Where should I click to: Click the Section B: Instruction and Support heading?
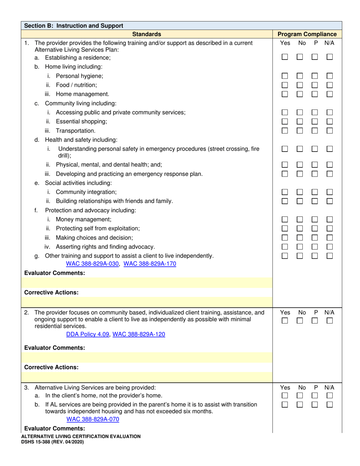click(x=74, y=26)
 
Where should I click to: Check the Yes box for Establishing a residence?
click(x=285, y=57)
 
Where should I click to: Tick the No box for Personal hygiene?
click(x=300, y=76)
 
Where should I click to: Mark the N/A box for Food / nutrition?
click(x=330, y=85)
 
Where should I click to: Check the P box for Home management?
click(x=315, y=94)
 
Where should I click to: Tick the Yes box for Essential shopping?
click(x=285, y=121)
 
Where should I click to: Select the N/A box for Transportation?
click(x=330, y=130)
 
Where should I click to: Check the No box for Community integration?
click(x=300, y=192)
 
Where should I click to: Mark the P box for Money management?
click(x=315, y=219)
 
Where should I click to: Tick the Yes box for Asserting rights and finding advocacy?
click(x=285, y=247)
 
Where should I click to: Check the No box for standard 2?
click(x=300, y=321)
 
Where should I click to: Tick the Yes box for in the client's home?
click(x=285, y=396)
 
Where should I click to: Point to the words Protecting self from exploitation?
click(x=98, y=228)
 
